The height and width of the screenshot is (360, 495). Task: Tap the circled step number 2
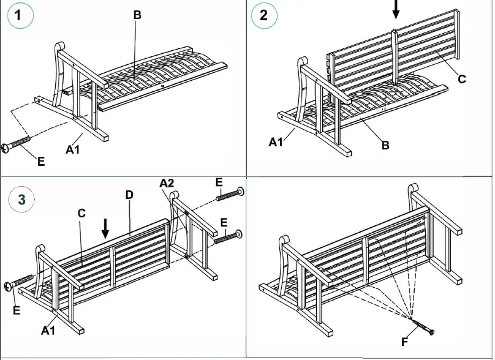[264, 16]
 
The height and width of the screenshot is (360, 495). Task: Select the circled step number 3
[21, 199]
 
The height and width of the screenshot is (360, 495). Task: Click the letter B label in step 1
[137, 15]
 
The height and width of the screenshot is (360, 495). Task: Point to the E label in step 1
[40, 162]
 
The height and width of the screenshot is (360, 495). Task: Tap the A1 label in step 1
[73, 149]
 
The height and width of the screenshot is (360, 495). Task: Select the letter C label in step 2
[463, 78]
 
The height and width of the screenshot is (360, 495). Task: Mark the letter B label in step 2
[385, 145]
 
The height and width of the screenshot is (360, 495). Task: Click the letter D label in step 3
[129, 195]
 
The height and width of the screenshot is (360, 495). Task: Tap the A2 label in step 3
[167, 183]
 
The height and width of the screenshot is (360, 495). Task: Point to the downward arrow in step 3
[105, 228]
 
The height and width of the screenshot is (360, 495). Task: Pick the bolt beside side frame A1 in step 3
[19, 283]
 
